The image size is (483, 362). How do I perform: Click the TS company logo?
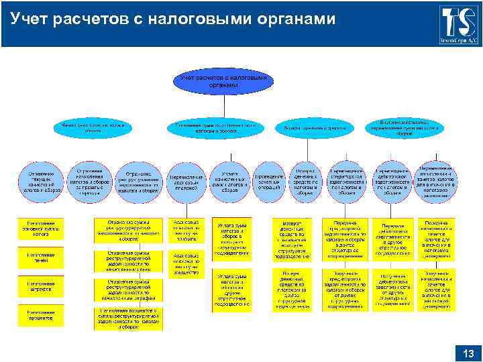pos(459,24)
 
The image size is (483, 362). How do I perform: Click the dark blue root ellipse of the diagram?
pos(223,82)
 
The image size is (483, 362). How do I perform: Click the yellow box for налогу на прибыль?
pos(185,229)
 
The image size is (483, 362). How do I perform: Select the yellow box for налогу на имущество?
pos(185,264)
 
